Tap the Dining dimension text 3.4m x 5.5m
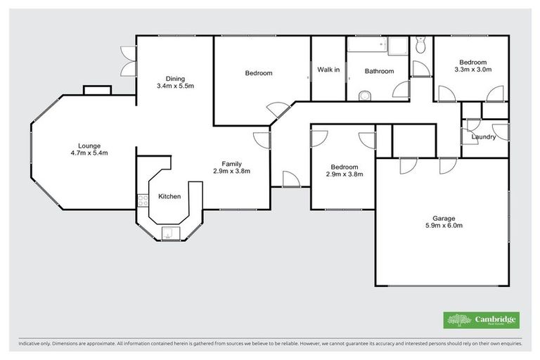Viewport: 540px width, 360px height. [x=174, y=86]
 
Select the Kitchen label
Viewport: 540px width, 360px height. [x=169, y=196]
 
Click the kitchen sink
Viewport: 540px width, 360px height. [x=169, y=234]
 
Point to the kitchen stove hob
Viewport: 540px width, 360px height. [x=143, y=199]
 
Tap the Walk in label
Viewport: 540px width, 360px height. [x=328, y=70]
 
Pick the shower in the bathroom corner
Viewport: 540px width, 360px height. [x=399, y=46]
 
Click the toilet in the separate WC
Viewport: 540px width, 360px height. [x=420, y=46]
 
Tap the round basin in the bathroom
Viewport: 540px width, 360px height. [x=364, y=96]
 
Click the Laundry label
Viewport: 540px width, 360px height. [x=484, y=136]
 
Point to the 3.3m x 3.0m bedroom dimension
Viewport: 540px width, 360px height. [x=472, y=70]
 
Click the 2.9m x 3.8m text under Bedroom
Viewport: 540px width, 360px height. [x=344, y=174]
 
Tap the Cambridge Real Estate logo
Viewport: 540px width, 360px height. [x=482, y=320]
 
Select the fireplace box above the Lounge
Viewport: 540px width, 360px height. [x=97, y=89]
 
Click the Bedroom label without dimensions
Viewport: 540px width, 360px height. [x=258, y=73]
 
